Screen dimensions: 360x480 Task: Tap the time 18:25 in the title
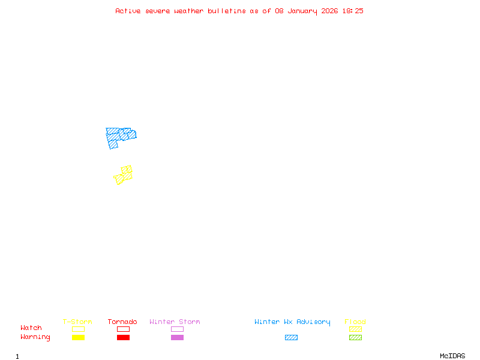pyautogui.click(x=352, y=11)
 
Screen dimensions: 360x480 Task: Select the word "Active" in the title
pyautogui.click(x=128, y=11)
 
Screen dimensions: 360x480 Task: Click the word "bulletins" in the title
pyautogui.click(x=227, y=11)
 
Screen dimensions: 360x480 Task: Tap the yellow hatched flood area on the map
pyautogui.click(x=124, y=175)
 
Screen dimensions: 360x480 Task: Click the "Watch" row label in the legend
pyautogui.click(x=31, y=328)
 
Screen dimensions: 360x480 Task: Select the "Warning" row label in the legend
pyautogui.click(x=35, y=337)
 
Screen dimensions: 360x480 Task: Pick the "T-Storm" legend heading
pyautogui.click(x=77, y=322)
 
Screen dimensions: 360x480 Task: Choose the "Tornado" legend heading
pyautogui.click(x=122, y=322)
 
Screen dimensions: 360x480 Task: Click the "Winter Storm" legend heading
pyautogui.click(x=175, y=322)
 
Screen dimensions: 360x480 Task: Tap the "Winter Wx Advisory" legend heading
pyautogui.click(x=292, y=322)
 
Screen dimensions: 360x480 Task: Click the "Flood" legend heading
pyautogui.click(x=355, y=322)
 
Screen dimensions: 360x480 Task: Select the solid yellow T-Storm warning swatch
pyautogui.click(x=78, y=338)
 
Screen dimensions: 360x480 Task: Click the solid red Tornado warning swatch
pyautogui.click(x=123, y=338)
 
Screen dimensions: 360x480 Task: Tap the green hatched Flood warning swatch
pyautogui.click(x=355, y=338)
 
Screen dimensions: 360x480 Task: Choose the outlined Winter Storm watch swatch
pyautogui.click(x=177, y=329)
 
